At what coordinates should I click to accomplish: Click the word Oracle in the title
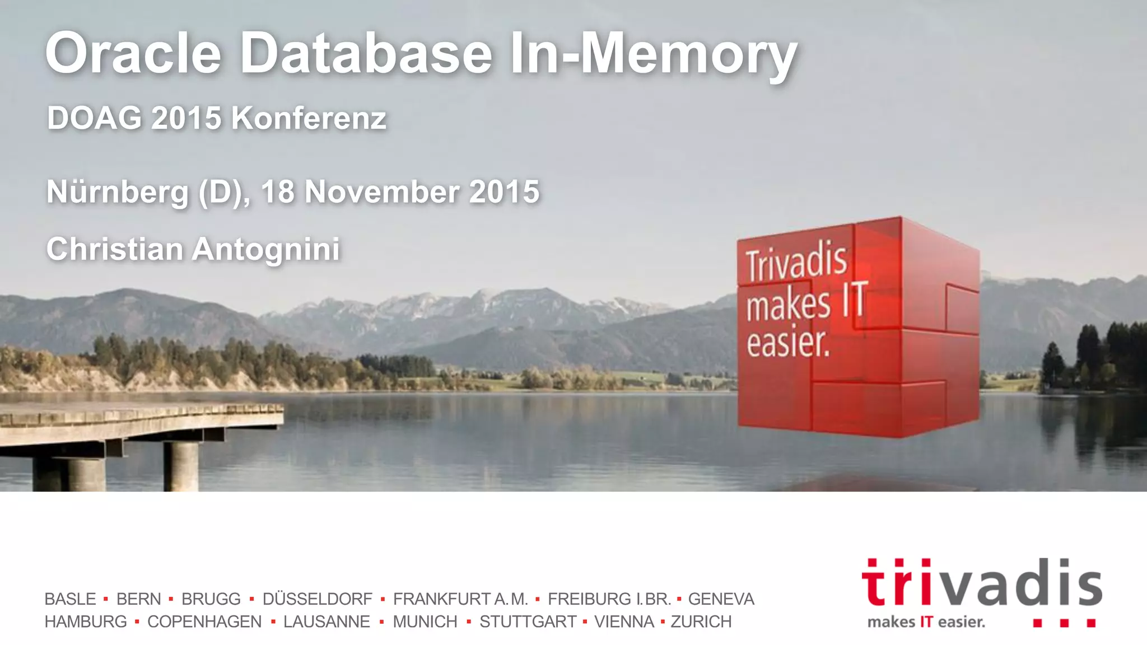tap(133, 54)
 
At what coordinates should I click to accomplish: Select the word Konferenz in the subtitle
tap(309, 119)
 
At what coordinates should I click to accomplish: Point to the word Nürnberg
tap(118, 192)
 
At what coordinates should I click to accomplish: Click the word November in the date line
tap(383, 192)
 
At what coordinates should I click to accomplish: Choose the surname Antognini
tap(266, 249)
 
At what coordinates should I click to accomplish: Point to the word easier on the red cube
tap(787, 342)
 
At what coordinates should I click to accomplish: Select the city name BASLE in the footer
tap(71, 599)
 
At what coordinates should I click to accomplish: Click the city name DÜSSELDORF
tap(317, 599)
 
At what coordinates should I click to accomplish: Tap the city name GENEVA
tap(721, 599)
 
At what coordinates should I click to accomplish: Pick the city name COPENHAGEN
tap(204, 621)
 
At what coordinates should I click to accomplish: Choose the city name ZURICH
tap(701, 621)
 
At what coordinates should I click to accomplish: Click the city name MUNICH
tap(425, 621)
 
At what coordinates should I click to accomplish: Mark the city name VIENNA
tap(624, 621)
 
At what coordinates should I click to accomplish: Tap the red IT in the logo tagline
tap(926, 622)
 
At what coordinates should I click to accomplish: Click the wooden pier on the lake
tap(140, 426)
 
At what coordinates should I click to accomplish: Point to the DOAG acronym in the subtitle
tap(94, 119)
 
